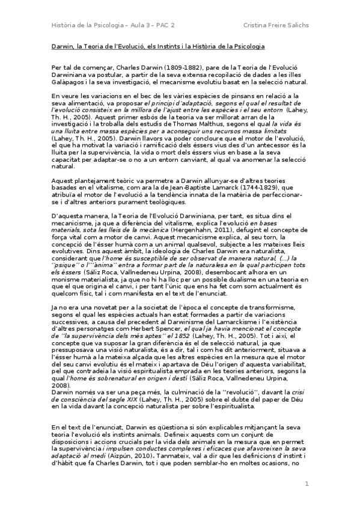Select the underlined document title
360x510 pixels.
(156, 46)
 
